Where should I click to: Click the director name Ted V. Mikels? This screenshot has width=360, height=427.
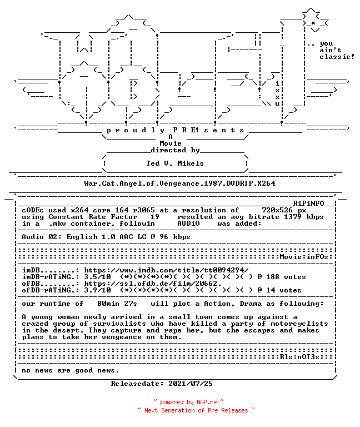click(175, 163)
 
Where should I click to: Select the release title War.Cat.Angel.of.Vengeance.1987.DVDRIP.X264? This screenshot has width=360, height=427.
click(179, 183)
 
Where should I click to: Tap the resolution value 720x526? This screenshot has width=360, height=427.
click(277, 210)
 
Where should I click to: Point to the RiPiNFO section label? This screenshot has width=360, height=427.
click(308, 203)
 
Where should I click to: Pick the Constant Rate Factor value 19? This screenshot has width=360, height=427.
click(155, 217)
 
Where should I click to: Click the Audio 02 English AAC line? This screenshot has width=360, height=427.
click(106, 237)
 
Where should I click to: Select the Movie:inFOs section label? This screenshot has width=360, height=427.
click(304, 257)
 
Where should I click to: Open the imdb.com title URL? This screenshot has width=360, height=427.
click(166, 270)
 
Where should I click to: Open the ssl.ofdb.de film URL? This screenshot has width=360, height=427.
click(153, 284)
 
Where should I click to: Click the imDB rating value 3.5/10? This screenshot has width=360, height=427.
click(97, 277)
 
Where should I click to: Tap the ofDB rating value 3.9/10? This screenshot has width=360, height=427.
click(97, 290)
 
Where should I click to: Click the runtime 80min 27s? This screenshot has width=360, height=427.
click(117, 304)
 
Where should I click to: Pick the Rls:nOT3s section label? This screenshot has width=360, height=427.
click(299, 357)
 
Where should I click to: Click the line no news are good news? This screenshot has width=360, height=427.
click(71, 370)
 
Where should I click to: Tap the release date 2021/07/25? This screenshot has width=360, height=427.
click(191, 384)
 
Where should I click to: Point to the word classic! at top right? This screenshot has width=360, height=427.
click(337, 57)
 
